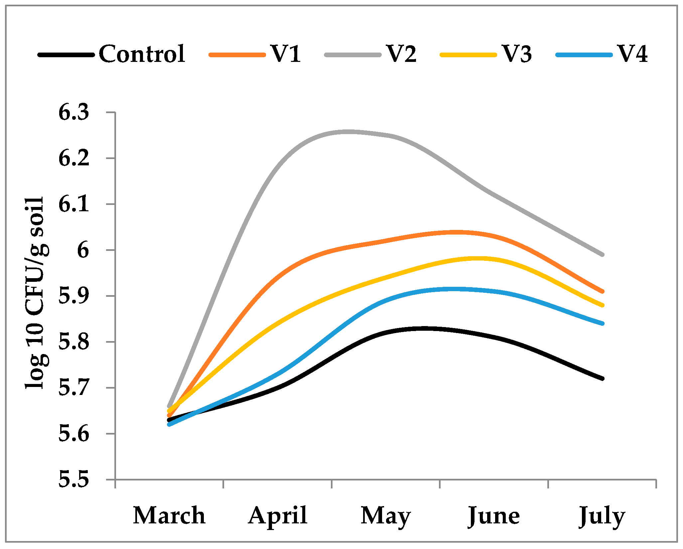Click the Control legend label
pos(142,54)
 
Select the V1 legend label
pos(286,54)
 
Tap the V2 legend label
pos(401,54)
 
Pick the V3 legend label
pos(517,54)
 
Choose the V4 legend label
pos(632,54)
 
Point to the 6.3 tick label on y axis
pos(74,112)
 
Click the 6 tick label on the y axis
pos(83,250)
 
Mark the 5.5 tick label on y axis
pos(74,480)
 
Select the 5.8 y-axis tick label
pos(74,342)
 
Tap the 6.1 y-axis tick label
pos(74,204)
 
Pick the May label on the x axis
pos(386,516)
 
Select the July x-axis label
pos(602,516)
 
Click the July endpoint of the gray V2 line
pos(602,255)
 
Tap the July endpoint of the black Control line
pos(602,379)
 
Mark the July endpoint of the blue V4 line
pos(602,323)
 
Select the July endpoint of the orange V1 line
pos(602,291)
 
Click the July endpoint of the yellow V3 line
pos(602,305)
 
